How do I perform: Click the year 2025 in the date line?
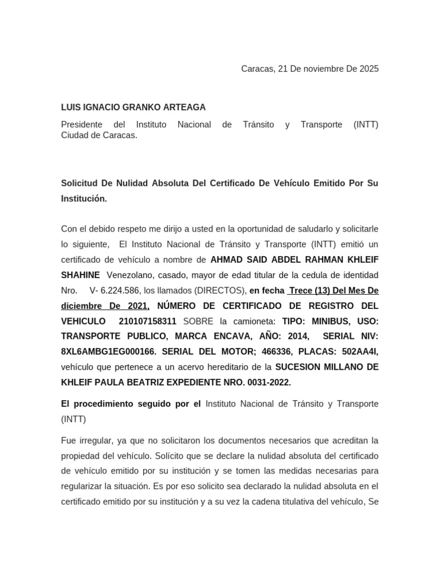tap(369, 69)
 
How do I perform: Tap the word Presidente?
tap(81, 124)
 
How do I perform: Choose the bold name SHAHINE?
tap(80, 275)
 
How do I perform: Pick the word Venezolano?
tap(130, 275)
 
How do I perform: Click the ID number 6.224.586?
tap(120, 291)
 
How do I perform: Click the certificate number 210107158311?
tap(148, 321)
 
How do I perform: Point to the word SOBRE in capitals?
tap(198, 321)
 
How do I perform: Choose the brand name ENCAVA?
tap(225, 336)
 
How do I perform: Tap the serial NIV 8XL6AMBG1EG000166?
tap(109, 352)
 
